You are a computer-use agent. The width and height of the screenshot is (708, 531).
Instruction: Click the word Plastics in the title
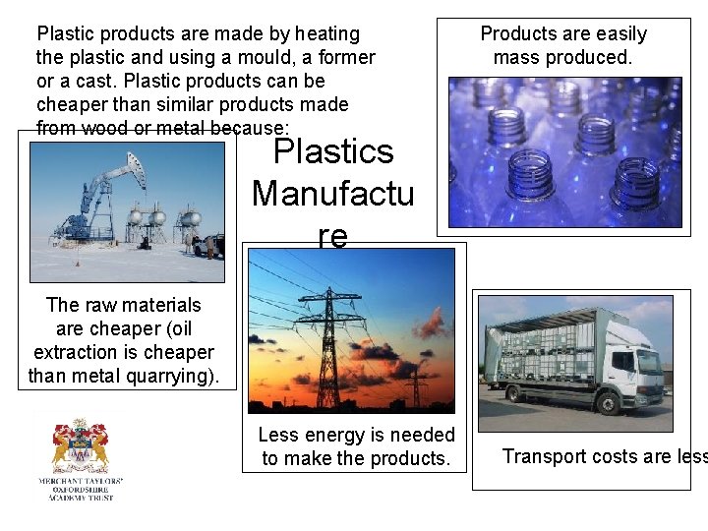(332, 152)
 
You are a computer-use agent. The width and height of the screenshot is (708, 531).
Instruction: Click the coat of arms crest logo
(80, 447)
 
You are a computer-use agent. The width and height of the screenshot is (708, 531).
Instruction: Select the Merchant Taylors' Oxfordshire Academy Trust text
(80, 490)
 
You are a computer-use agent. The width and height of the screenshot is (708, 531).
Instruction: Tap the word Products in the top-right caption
(516, 33)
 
